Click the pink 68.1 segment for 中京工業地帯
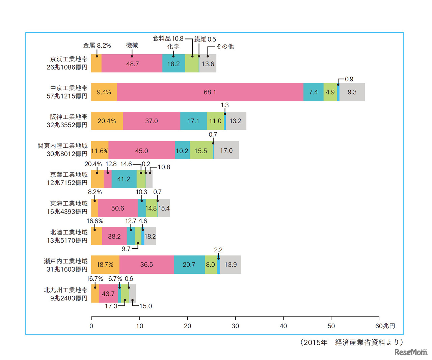pos(210,92)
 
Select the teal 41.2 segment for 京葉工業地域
pos(124,179)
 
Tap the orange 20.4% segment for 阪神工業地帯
pos(107,121)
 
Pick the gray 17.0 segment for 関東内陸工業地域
pos(226,150)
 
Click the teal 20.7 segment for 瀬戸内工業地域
pos(189,265)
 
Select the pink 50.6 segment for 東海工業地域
pos(117,208)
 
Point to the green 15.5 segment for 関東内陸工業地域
pos(201,150)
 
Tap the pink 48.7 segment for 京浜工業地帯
pos(132,64)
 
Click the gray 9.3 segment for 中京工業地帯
pos(352,92)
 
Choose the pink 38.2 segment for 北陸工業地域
pos(114,237)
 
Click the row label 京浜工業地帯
pos(69,59)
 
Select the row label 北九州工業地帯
pos(66,290)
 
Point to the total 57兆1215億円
pos(67,96)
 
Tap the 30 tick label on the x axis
pos(235,326)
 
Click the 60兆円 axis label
pos(385,326)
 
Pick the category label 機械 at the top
pos(132,46)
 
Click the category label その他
pos(225,46)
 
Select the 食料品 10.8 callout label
pos(168,39)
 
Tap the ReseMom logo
pos(411,352)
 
